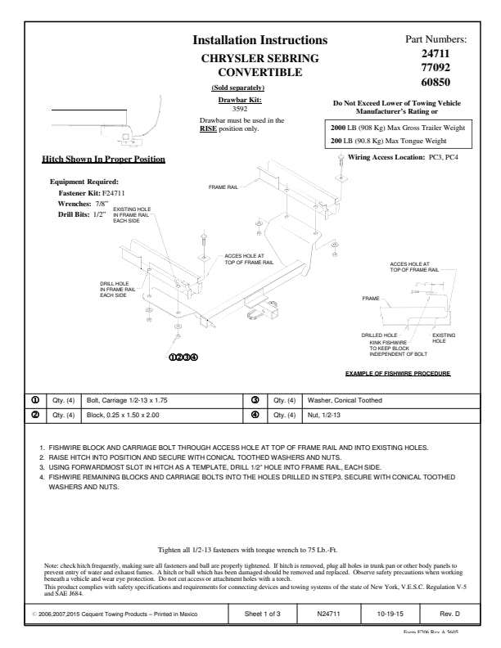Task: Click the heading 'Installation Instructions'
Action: [x=260, y=40]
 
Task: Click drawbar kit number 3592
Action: [x=240, y=108]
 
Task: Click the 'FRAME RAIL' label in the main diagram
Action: [x=223, y=187]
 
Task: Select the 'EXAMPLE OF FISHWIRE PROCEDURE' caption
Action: [x=397, y=373]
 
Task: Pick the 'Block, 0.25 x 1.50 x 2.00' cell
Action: [x=123, y=414]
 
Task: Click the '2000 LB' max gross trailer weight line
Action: [x=396, y=128]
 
